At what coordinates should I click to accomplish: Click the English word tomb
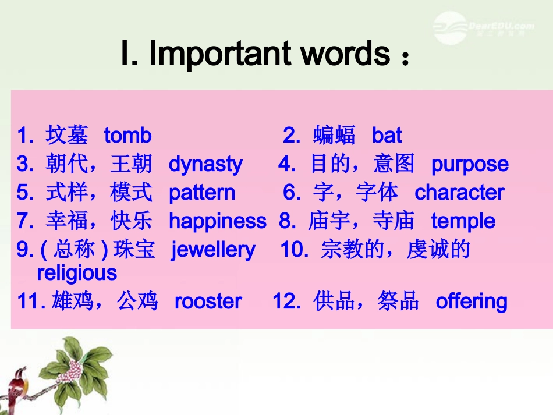point(127,136)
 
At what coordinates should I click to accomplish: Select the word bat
point(387,136)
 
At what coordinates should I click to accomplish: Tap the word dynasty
point(205,165)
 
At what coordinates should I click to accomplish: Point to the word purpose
point(470,165)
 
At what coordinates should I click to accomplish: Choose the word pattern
point(202,193)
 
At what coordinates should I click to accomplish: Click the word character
point(459,193)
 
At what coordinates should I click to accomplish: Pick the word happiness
point(217,222)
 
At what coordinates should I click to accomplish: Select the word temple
point(463,222)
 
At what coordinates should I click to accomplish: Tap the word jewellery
point(213,250)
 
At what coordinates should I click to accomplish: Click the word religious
point(77,272)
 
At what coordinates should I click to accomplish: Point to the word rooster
point(208,302)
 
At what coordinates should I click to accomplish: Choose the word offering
point(472,302)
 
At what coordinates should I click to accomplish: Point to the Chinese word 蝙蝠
point(334,136)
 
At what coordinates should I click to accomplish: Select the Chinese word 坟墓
point(66,136)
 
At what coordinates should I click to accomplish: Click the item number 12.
point(285,302)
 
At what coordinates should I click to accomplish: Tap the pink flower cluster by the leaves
point(73,368)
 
